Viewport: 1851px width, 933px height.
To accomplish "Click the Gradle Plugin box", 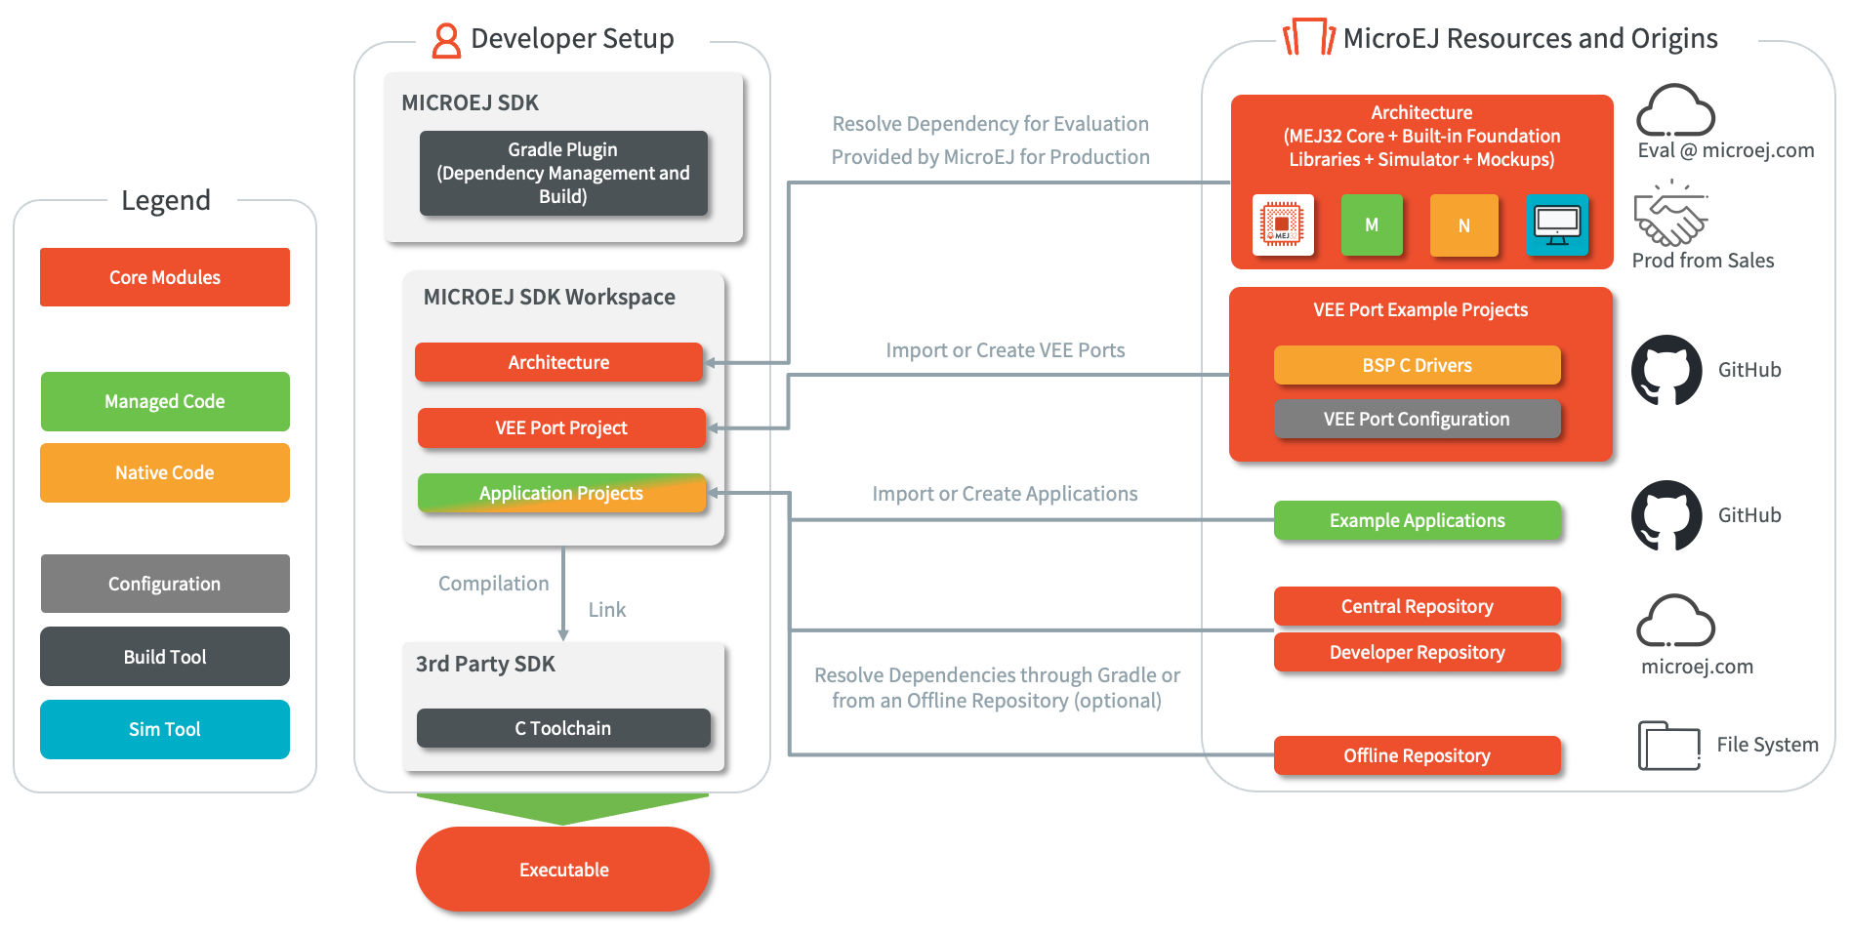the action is (563, 173).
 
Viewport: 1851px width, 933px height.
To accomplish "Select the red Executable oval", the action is (562, 869).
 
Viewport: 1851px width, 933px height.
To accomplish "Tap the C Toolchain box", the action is (563, 728).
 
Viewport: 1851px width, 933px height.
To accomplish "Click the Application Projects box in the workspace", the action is (561, 493).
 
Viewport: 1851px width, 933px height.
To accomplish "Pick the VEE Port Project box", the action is (561, 427).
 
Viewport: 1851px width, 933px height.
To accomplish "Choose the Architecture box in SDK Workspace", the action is (558, 362).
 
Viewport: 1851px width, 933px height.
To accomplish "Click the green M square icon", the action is (1372, 224).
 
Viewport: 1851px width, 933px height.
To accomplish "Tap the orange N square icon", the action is (1463, 225).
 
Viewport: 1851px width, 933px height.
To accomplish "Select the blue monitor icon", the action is (1557, 225).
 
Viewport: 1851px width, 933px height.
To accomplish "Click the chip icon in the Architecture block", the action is (1283, 224).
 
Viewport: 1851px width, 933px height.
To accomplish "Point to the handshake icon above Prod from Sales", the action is (1671, 213).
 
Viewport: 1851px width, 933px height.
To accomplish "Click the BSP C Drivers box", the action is (1418, 365).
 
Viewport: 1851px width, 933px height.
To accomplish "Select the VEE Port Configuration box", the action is (1418, 419).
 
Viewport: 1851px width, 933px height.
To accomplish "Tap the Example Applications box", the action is (1418, 520).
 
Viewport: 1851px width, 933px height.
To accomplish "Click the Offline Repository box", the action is (1418, 755).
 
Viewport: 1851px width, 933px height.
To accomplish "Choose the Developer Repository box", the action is (1418, 652).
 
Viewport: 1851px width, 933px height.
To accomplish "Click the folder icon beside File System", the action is (1669, 746).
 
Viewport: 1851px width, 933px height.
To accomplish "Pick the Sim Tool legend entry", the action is (165, 729).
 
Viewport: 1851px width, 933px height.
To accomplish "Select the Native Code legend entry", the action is (165, 472).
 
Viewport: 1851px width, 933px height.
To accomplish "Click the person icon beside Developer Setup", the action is (446, 40).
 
